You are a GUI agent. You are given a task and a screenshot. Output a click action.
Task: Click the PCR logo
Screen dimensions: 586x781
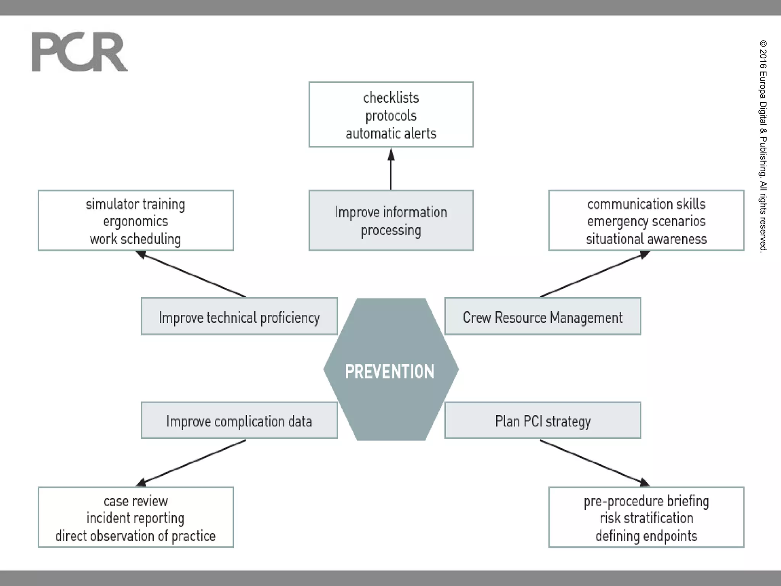[79, 52]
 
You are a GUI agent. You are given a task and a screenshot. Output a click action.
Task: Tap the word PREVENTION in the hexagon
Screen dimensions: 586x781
[389, 372]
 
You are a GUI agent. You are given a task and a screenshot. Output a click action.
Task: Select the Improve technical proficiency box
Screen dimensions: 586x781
[239, 317]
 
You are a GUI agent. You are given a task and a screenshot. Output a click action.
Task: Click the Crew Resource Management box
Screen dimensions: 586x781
[542, 317]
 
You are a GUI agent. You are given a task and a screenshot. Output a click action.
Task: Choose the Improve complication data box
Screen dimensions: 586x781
[239, 421]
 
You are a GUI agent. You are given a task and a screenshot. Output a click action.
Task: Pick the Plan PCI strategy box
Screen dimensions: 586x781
[542, 421]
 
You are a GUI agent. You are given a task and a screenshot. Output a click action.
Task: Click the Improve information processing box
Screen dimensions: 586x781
[391, 221]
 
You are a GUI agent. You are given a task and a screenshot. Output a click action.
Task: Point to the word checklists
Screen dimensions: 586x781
[391, 98]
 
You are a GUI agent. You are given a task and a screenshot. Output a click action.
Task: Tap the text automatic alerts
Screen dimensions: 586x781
[391, 134]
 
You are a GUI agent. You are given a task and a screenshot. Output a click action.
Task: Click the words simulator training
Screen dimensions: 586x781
[135, 204]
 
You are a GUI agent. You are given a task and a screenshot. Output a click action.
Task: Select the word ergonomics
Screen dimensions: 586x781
[135, 221]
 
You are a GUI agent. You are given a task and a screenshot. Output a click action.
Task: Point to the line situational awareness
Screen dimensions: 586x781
[646, 239]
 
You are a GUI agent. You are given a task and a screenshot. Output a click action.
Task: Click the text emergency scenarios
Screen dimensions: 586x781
[646, 221]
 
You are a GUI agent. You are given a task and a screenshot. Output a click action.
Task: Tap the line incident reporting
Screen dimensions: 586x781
[135, 518]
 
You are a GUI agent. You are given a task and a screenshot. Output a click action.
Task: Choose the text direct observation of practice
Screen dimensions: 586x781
[135, 536]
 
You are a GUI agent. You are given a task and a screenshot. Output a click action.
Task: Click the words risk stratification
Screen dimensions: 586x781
[646, 518]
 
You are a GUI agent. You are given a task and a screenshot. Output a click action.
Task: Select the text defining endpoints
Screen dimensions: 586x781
[646, 536]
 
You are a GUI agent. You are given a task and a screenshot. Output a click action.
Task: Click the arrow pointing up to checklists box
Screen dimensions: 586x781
[391, 170]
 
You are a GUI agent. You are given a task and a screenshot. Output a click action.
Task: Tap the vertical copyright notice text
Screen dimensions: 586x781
[763, 145]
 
